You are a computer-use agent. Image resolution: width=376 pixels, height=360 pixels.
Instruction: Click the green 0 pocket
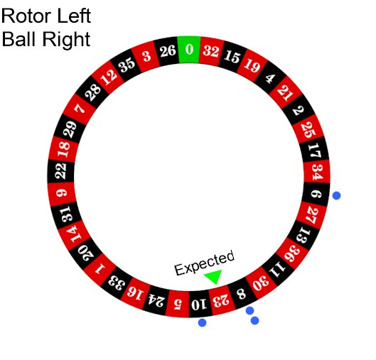tap(189, 50)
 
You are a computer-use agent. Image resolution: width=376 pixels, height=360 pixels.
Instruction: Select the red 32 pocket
tap(211, 52)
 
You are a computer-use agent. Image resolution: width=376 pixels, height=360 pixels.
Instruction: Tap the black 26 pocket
tap(168, 52)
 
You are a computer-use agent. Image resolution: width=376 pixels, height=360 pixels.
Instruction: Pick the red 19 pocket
tap(252, 65)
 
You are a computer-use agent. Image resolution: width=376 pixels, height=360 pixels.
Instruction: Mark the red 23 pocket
tap(221, 301)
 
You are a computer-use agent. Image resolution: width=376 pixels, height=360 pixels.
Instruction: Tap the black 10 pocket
tap(199, 304)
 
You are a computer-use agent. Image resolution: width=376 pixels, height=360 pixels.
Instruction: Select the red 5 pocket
tap(178, 304)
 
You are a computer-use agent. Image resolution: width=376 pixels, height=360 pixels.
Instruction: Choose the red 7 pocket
tap(80, 109)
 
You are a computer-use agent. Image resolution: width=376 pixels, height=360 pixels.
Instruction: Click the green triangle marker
tap(214, 276)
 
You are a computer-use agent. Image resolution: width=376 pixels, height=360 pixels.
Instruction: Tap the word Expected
tap(205, 263)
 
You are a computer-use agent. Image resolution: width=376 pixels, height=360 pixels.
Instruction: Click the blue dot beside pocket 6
tap(336, 195)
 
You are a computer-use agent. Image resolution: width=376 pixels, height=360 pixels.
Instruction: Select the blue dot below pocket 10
tap(202, 322)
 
